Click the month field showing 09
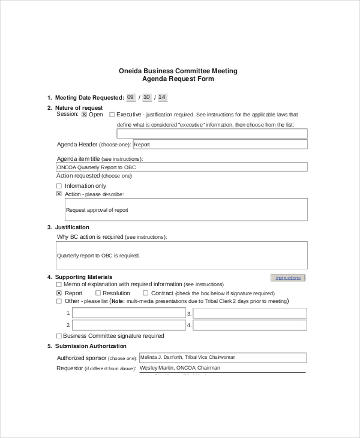click(131, 97)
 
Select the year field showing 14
click(162, 97)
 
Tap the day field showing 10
click(147, 97)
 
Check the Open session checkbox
click(85, 114)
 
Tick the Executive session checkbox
click(112, 114)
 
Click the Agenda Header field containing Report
click(220, 145)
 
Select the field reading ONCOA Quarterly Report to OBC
click(181, 167)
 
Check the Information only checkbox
click(59, 186)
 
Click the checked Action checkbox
click(59, 194)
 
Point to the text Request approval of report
click(97, 210)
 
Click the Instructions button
click(288, 278)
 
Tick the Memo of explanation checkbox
click(59, 284)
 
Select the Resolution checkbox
click(97, 293)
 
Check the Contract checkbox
click(145, 293)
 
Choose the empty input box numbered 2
click(129, 325)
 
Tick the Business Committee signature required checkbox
click(59, 336)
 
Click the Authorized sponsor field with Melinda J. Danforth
click(222, 358)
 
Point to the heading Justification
click(72, 227)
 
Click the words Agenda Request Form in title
click(178, 79)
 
